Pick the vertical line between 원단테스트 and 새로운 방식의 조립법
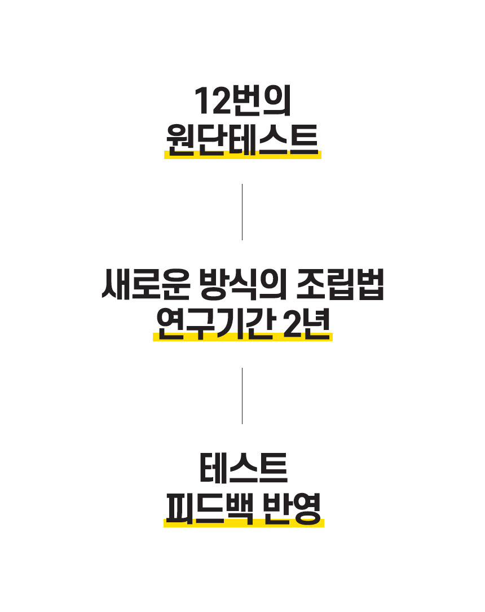(242, 212)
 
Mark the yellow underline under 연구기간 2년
(242, 338)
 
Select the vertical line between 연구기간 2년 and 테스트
(242, 396)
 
